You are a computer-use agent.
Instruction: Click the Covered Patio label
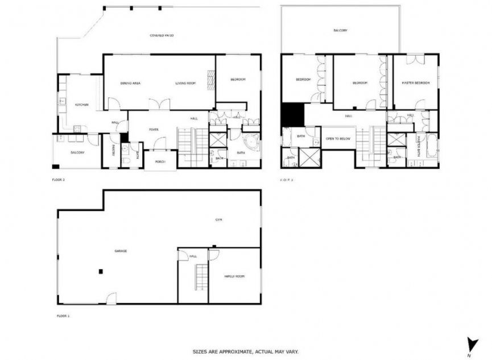(162, 35)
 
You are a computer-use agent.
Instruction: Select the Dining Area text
(130, 83)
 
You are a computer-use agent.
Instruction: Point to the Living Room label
(185, 83)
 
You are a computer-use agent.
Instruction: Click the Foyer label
(154, 130)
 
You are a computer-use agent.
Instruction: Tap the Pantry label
(113, 150)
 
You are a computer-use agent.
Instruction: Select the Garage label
(121, 251)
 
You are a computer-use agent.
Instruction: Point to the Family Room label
(234, 276)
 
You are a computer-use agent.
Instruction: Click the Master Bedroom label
(415, 83)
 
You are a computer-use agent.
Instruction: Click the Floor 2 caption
(58, 179)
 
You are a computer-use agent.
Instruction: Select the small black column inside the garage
(100, 271)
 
